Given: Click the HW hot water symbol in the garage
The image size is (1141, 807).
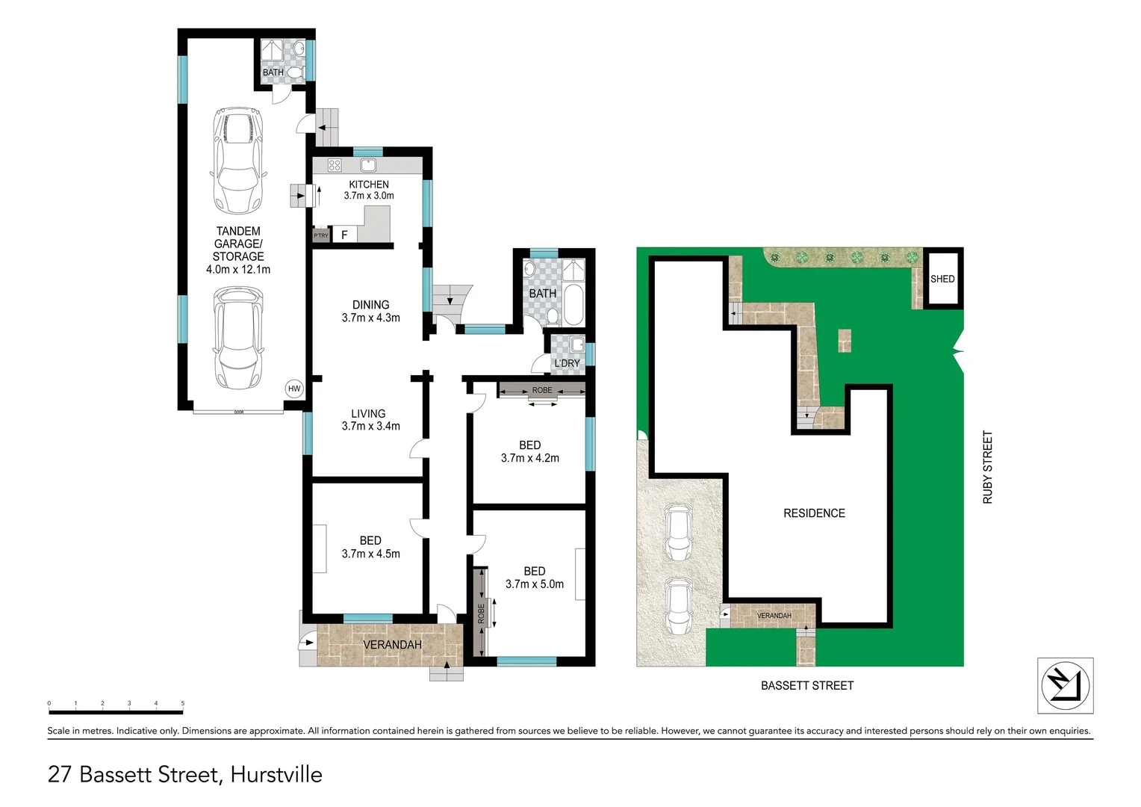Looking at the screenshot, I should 294,389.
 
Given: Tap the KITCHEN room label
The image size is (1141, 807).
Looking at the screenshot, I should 369,185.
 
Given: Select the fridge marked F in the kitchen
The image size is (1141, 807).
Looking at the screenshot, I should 344,235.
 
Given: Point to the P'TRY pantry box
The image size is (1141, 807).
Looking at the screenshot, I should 321,235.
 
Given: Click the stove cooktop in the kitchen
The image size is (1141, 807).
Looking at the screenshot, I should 335,165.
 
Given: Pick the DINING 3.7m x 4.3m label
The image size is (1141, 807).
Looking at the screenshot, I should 370,311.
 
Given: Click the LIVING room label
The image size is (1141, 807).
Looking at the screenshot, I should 368,413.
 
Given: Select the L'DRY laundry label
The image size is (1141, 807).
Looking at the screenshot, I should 567,363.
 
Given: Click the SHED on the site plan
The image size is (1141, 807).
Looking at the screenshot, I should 942,279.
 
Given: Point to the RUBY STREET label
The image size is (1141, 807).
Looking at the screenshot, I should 988,467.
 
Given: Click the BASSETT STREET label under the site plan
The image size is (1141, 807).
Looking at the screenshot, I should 806,685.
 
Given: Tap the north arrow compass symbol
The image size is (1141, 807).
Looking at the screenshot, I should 1065,685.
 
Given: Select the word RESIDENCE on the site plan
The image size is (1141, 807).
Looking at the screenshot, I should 814,513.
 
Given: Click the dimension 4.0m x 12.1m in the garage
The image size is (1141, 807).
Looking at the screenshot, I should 238,269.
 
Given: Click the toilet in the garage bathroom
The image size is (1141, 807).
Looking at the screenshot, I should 295,72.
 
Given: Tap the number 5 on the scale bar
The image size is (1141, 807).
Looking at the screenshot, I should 182,703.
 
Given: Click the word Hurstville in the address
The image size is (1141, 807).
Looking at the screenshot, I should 276,774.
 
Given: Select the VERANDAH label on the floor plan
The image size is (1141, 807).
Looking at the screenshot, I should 392,645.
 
